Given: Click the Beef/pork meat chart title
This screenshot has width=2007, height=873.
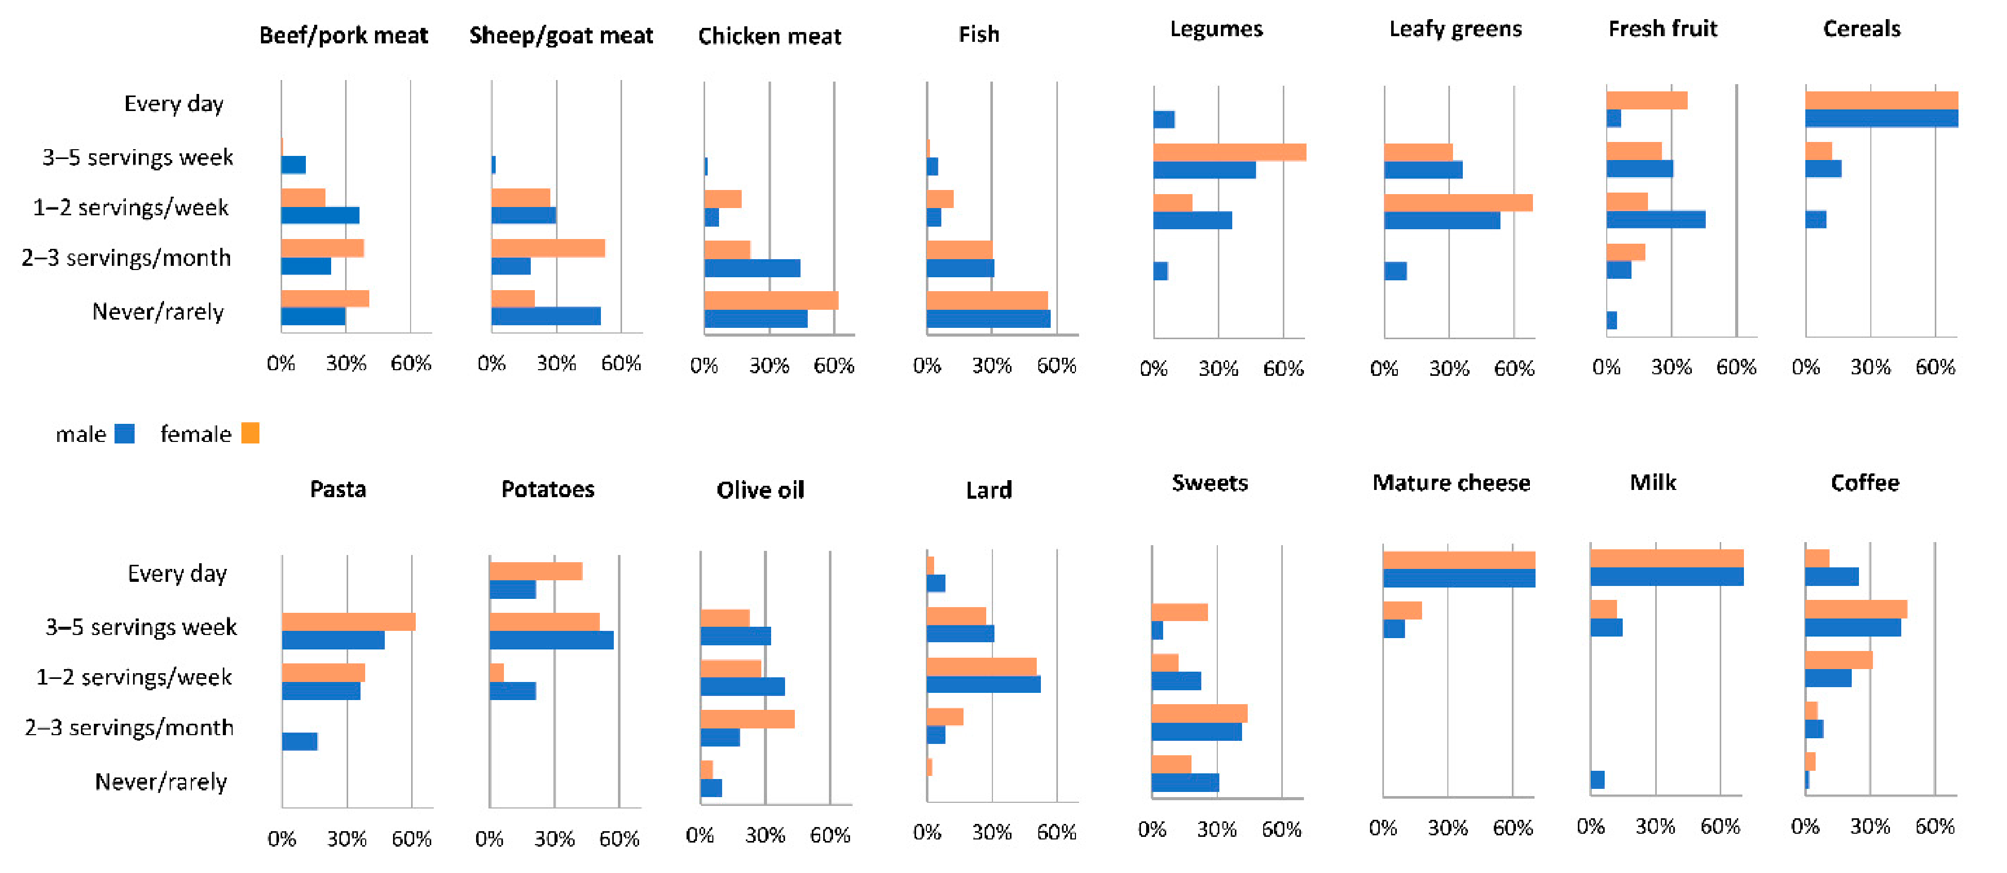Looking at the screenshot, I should click(344, 36).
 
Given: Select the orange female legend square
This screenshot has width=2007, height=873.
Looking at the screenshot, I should click(250, 433).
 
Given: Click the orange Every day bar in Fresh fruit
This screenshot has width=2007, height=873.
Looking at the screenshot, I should click(1646, 101).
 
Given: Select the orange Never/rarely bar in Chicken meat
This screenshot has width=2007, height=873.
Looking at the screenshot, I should click(771, 301).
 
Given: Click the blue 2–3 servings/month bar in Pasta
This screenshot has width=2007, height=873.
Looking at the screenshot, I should click(299, 741).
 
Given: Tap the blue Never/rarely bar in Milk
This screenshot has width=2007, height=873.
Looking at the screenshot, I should click(1597, 780).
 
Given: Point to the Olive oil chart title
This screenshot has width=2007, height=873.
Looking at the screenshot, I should click(760, 490).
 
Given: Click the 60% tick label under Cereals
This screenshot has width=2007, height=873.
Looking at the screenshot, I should click(1935, 367).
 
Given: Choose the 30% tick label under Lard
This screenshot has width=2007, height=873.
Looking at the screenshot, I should click(991, 832).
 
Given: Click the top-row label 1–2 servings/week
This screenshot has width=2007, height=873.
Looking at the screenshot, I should click(130, 208).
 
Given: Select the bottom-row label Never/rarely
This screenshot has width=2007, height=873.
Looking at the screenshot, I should click(160, 782).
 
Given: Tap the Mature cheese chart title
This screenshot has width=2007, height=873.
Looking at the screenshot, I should click(1451, 483).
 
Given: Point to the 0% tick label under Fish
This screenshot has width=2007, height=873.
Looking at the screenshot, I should click(926, 366).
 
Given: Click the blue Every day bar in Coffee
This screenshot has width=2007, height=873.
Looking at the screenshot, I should click(1831, 577).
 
